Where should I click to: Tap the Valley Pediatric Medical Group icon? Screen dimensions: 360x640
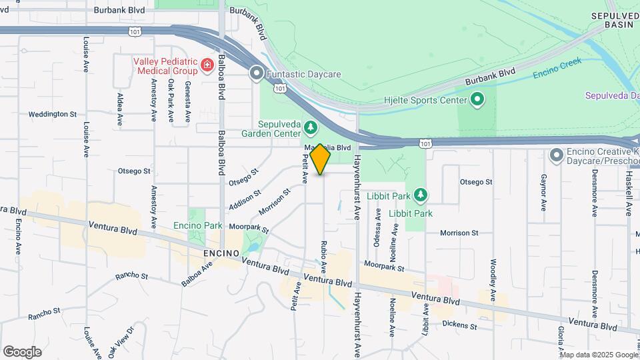click(207, 65)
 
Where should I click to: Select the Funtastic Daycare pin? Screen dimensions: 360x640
click(257, 74)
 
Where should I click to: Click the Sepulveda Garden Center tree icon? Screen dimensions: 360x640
click(310, 127)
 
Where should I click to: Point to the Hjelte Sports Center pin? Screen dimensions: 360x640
click(477, 100)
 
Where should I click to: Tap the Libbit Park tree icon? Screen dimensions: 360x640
click(420, 195)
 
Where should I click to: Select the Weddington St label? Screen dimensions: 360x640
click(52, 114)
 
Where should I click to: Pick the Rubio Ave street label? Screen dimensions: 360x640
click(324, 257)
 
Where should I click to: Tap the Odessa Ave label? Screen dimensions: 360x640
click(377, 228)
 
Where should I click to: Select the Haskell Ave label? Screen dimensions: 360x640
click(628, 194)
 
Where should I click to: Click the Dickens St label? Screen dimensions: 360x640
click(459, 325)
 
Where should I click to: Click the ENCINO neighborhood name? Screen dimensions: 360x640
click(221, 253)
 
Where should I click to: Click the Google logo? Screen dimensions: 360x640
click(22, 352)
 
